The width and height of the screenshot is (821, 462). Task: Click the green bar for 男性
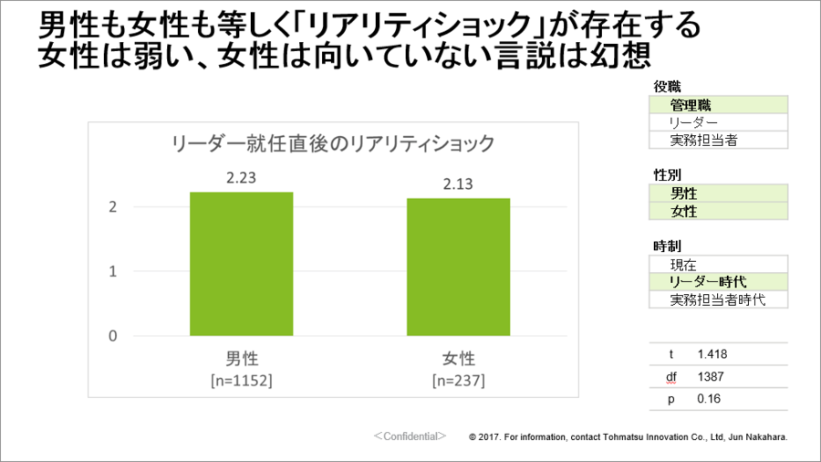point(241,264)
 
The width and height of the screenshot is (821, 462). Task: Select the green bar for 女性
point(458,267)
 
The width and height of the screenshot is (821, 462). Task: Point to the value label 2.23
point(241,178)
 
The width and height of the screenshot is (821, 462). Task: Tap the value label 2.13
point(458,184)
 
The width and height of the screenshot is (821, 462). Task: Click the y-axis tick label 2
point(112,207)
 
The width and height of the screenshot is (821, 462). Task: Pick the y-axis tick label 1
point(112,271)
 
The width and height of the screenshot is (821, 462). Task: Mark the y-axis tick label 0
point(112,335)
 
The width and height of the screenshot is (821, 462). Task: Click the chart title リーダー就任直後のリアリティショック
point(334,143)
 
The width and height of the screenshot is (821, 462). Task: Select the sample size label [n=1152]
point(241,378)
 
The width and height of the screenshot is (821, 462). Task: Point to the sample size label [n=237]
point(458,378)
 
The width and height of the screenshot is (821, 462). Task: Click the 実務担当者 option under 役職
point(703,140)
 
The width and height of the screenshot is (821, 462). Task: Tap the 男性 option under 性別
point(684,194)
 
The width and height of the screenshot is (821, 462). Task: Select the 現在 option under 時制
point(683,265)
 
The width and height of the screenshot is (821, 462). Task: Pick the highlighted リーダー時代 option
point(707,282)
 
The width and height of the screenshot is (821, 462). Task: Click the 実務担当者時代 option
point(716,299)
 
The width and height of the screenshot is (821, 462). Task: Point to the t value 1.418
point(712,354)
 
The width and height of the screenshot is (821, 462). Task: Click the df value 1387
point(710,376)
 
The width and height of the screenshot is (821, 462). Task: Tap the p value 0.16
point(708,399)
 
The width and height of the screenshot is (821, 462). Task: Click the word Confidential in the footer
point(410,436)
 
